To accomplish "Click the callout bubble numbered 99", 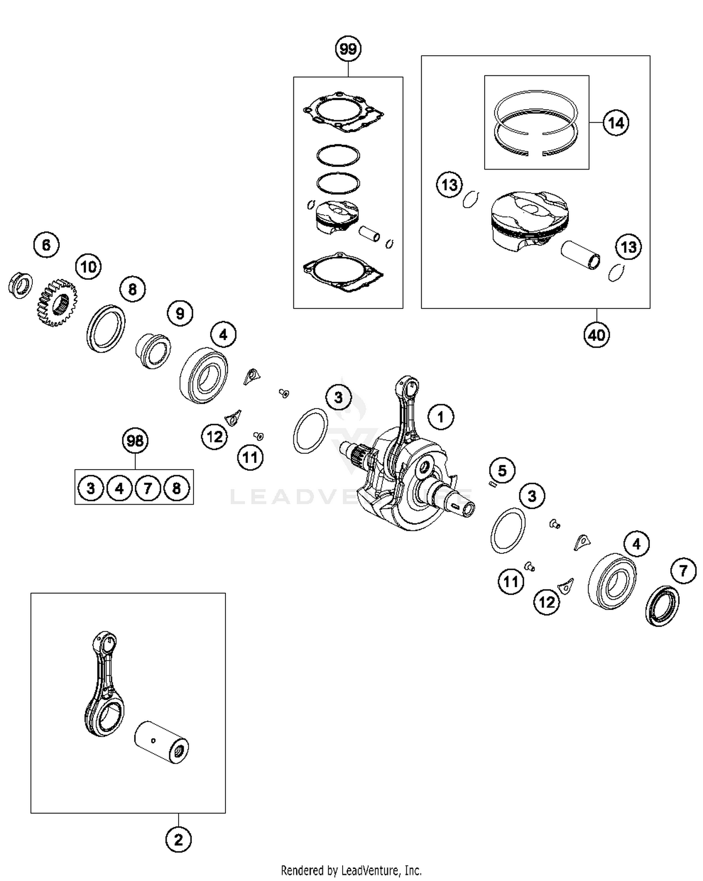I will (348, 49).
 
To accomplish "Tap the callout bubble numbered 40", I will (597, 335).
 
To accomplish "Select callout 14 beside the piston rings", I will (615, 123).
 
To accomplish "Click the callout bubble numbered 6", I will (46, 245).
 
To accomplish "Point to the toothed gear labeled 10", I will (57, 303).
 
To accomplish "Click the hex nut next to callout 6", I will (20, 284).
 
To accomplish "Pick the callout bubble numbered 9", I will (180, 313).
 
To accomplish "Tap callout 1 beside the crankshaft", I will (441, 417).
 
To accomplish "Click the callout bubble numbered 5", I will (502, 470).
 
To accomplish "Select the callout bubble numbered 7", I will (683, 571).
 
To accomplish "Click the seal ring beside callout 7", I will (662, 605).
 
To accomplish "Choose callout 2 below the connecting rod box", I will (179, 840).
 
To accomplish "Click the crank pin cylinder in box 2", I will (162, 742).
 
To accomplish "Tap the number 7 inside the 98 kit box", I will (148, 488).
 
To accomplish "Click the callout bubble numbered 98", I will (135, 440).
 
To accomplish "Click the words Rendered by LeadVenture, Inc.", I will (351, 870).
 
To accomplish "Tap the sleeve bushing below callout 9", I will (153, 351).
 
